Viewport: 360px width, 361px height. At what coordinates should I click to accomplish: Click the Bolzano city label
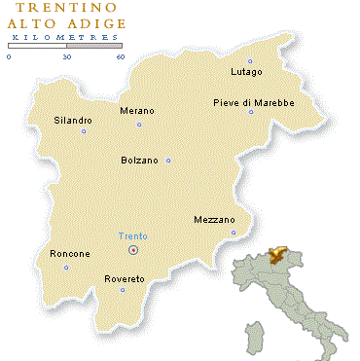pyautogui.click(x=139, y=160)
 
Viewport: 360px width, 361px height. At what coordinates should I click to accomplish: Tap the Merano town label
pyautogui.click(x=136, y=111)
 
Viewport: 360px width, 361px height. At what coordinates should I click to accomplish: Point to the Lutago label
pyautogui.click(x=247, y=72)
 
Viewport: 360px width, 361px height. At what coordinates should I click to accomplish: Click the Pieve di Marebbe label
pyautogui.click(x=253, y=102)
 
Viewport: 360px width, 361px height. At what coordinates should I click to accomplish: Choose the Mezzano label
pyautogui.click(x=214, y=220)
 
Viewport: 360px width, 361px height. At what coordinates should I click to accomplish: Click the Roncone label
pyautogui.click(x=69, y=254)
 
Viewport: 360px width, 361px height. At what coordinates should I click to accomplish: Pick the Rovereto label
pyautogui.click(x=125, y=279)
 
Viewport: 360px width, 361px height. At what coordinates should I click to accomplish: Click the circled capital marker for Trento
pyautogui.click(x=134, y=250)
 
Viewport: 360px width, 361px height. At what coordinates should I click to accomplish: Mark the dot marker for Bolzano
pyautogui.click(x=168, y=161)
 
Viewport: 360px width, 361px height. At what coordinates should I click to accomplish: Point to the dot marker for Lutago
pyautogui.click(x=250, y=61)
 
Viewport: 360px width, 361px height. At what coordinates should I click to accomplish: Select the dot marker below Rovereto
pyautogui.click(x=123, y=289)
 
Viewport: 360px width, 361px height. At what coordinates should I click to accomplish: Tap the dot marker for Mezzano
pyautogui.click(x=234, y=233)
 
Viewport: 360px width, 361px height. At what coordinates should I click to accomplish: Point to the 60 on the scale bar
pyautogui.click(x=121, y=56)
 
